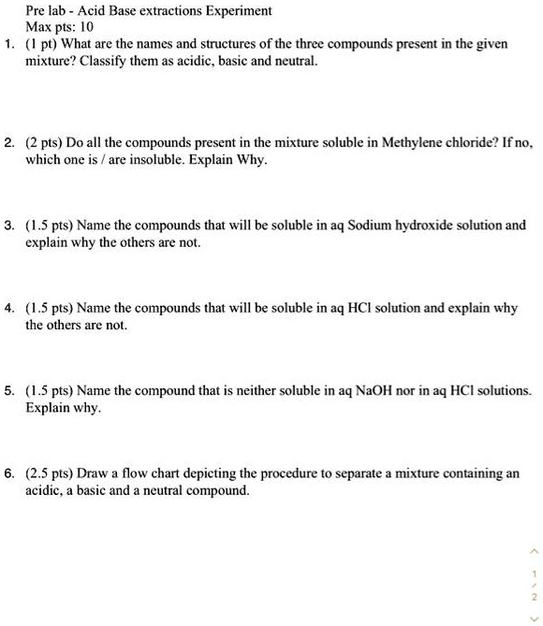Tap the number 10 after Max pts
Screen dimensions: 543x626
[x=91, y=28]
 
